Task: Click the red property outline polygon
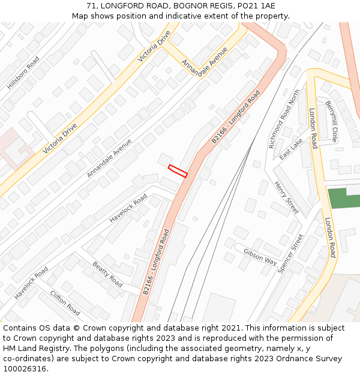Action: pos(178,171)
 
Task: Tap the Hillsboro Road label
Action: pos(23,73)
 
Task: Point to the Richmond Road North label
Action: pos(284,119)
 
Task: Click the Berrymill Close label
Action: pos(332,121)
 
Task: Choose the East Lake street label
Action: pos(291,149)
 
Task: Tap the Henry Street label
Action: pos(286,197)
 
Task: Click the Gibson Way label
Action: pos(260,257)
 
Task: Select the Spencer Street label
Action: pos(291,254)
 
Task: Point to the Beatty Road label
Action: pos(107,274)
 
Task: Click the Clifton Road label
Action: pos(65,302)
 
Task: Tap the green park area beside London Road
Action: pos(343,198)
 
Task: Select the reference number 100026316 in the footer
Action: pos(25,369)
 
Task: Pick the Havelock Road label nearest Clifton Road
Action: pos(31,283)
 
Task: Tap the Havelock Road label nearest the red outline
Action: pos(128,208)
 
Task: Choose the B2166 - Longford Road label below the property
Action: pos(157,261)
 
